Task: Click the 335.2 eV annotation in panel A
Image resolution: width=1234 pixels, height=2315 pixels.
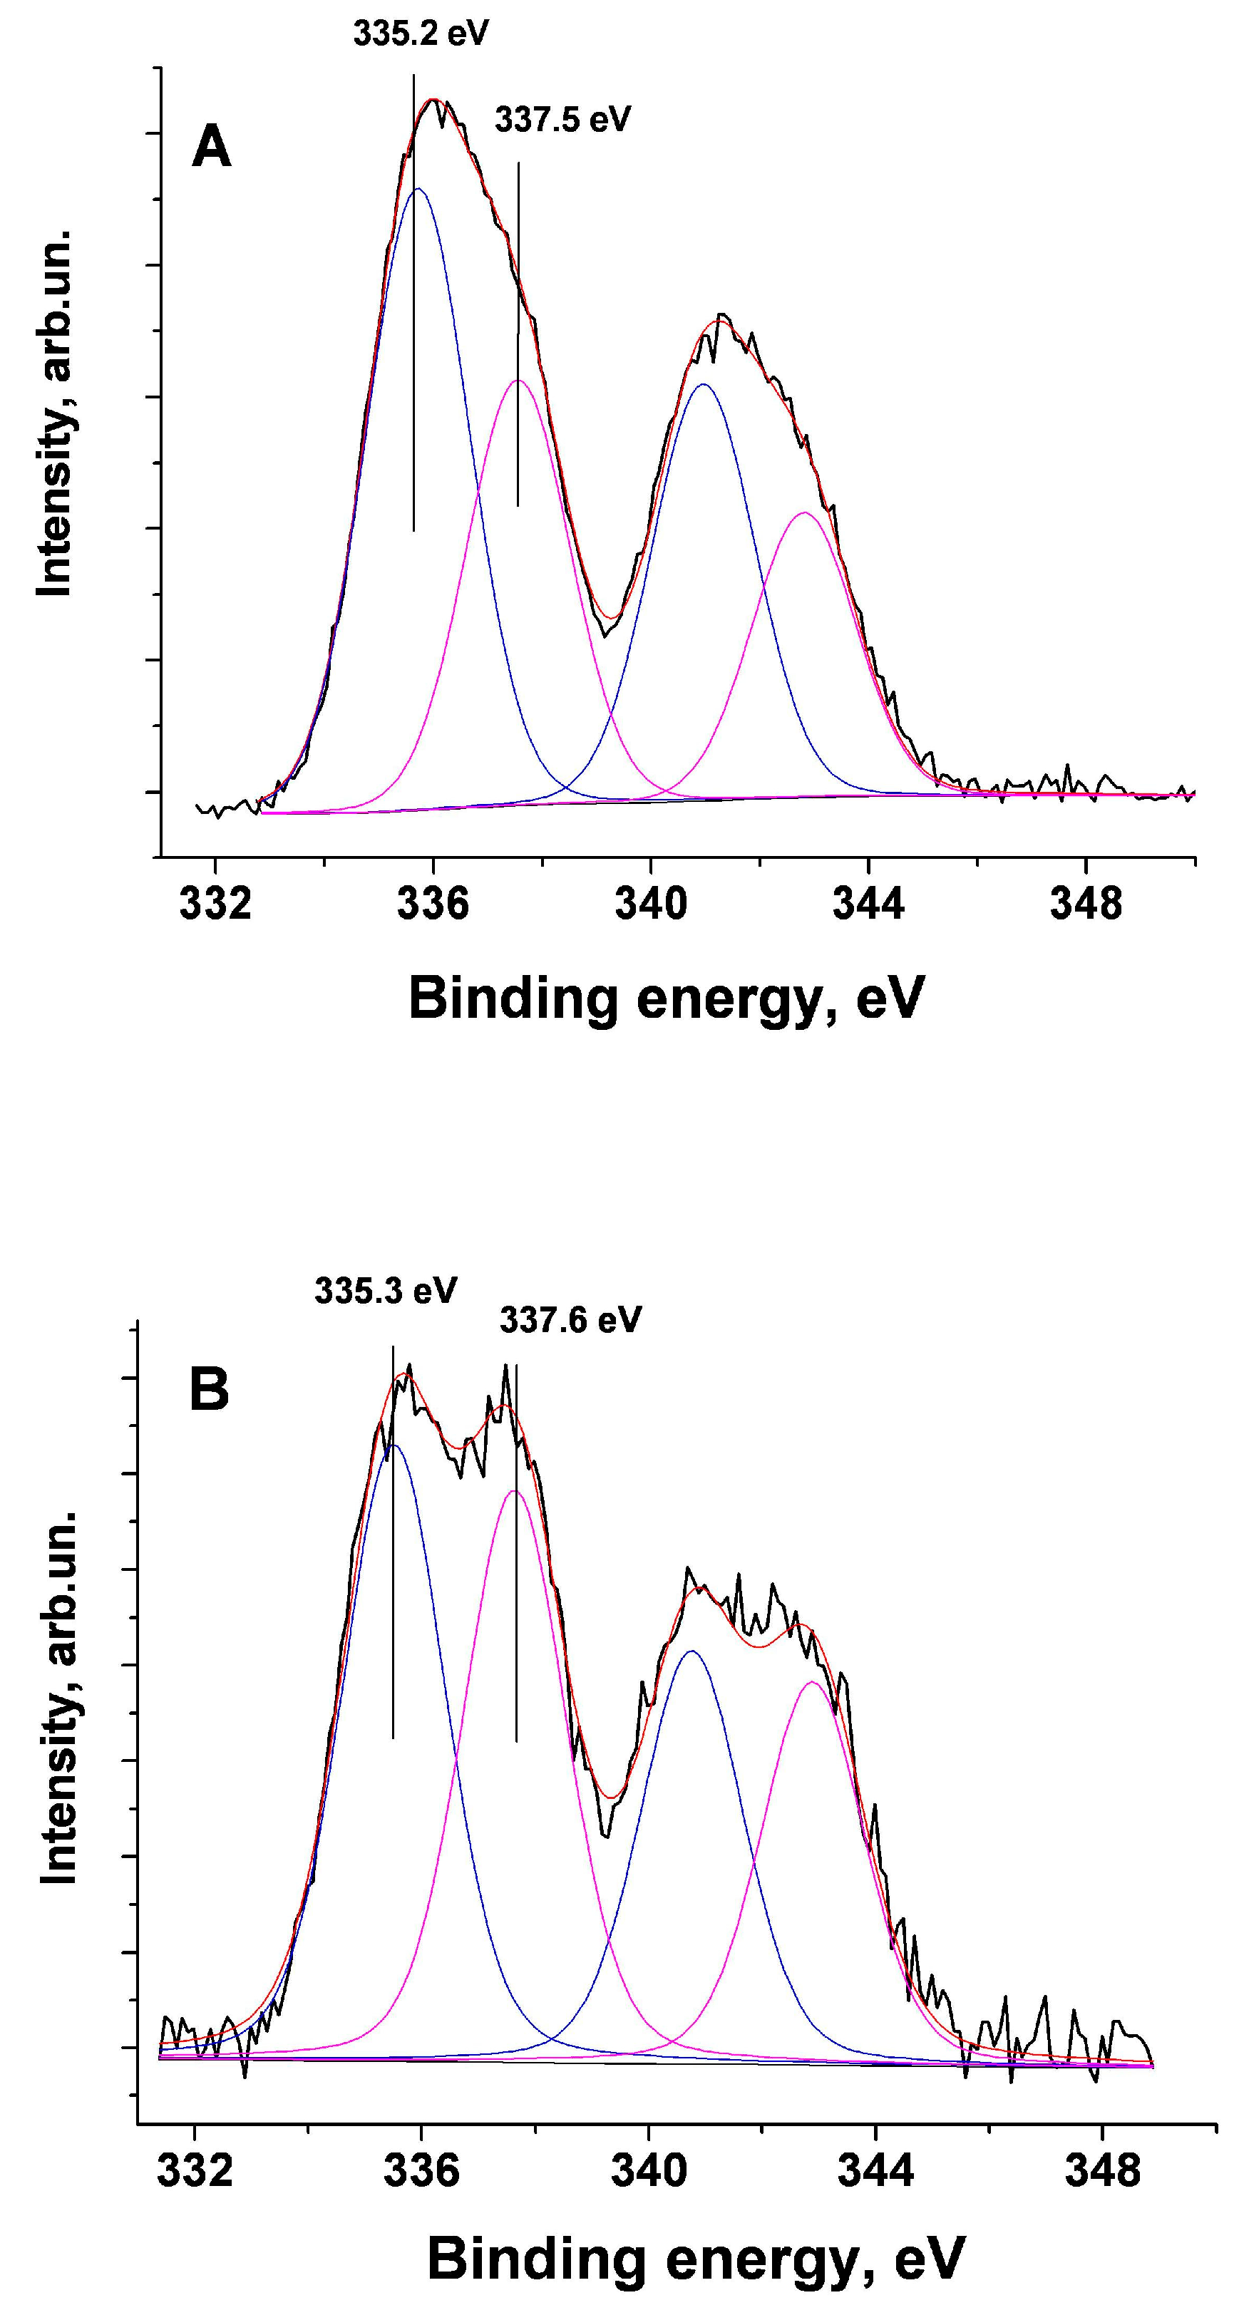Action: [420, 34]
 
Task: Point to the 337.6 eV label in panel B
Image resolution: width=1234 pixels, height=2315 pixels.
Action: [571, 1320]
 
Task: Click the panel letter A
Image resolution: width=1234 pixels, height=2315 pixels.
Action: [212, 148]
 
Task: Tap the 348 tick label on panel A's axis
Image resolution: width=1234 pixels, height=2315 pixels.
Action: [1086, 904]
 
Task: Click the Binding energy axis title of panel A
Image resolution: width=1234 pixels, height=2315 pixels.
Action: [666, 999]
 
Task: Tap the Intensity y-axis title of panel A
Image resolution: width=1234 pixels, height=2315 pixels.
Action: [54, 413]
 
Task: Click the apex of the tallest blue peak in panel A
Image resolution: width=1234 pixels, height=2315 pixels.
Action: [417, 189]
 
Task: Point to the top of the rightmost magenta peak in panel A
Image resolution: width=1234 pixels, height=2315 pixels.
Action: [804, 513]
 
